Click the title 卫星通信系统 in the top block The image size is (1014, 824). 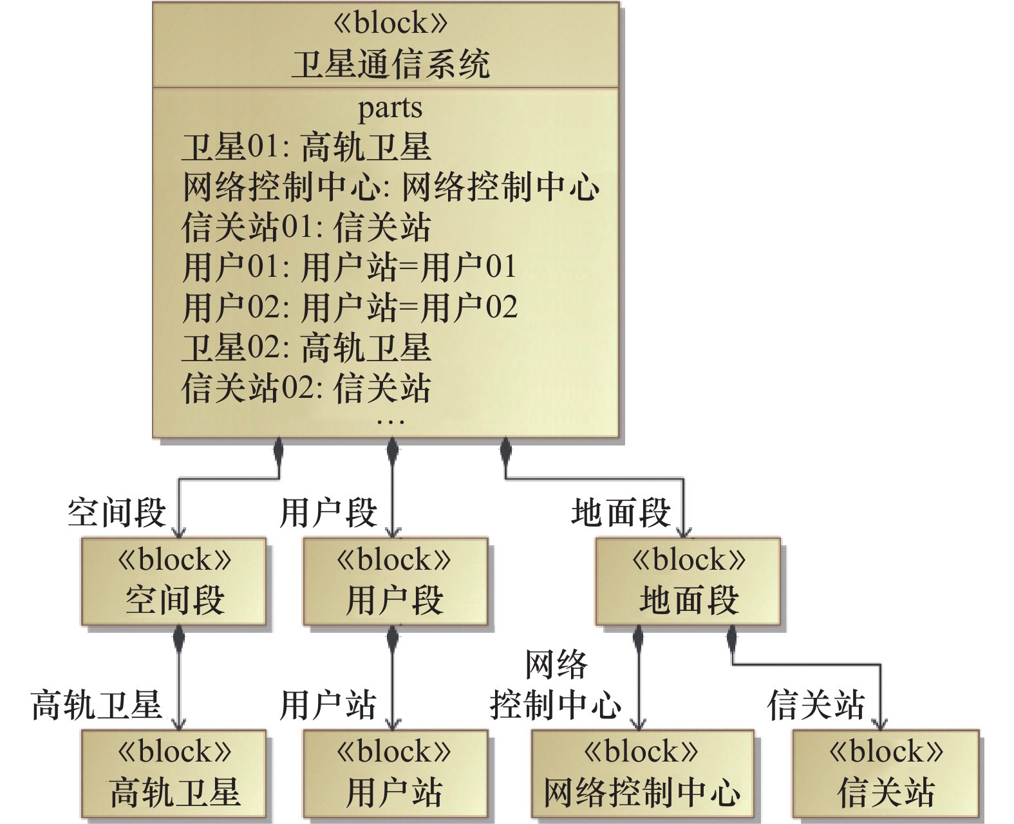pyautogui.click(x=390, y=64)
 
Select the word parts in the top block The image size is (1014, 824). pyautogui.click(x=390, y=108)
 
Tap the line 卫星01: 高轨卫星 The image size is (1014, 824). pyautogui.click(x=306, y=147)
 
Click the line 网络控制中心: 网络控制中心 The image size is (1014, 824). pyautogui.click(x=390, y=187)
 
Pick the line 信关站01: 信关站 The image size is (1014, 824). pyautogui.click(x=306, y=227)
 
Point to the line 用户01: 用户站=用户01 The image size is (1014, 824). pyautogui.click(x=350, y=267)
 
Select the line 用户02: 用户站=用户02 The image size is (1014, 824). pyautogui.click(x=350, y=307)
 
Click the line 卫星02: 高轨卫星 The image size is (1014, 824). pyautogui.click(x=306, y=348)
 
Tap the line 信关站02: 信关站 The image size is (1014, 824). pyautogui.click(x=306, y=388)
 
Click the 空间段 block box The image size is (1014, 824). pyautogui.click(x=174, y=581)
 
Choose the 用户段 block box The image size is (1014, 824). pyautogui.click(x=395, y=581)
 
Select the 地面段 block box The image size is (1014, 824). pyautogui.click(x=688, y=581)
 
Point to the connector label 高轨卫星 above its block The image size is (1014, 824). pyautogui.click(x=97, y=704)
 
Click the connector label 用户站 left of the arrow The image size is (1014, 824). pyautogui.click(x=328, y=704)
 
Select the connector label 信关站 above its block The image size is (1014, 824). pyautogui.click(x=816, y=704)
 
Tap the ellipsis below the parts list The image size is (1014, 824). pyautogui.click(x=390, y=422)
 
